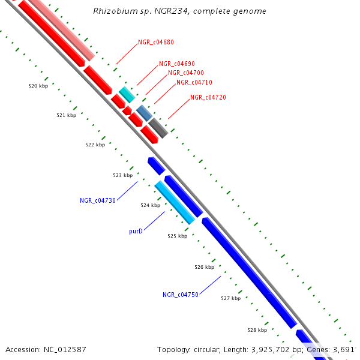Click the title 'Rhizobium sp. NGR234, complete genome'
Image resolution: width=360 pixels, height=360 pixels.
pyautogui.click(x=180, y=11)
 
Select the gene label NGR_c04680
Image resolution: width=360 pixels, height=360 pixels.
pyautogui.click(x=156, y=42)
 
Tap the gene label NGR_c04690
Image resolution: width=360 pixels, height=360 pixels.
pyautogui.click(x=176, y=64)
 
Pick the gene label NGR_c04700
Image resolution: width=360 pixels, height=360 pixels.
pyautogui.click(x=185, y=73)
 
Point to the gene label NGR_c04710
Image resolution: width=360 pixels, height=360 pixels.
pyautogui.click(x=194, y=82)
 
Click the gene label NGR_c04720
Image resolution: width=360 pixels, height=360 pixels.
pyautogui.click(x=208, y=97)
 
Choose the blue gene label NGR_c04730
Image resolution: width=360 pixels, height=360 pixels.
pyautogui.click(x=97, y=200)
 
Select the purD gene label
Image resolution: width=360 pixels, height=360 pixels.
pyautogui.click(x=136, y=230)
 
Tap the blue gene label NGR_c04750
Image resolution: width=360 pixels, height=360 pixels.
pyautogui.click(x=180, y=295)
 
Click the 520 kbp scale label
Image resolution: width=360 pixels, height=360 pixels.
pyautogui.click(x=38, y=86)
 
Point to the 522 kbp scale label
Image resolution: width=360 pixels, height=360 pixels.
pyautogui.click(x=95, y=145)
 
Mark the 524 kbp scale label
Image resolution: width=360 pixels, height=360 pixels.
pyautogui.click(x=151, y=205)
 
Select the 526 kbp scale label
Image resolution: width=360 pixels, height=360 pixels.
pyautogui.click(x=205, y=267)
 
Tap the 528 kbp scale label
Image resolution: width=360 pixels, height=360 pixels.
pyautogui.click(x=257, y=330)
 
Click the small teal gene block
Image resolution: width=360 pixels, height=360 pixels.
pyautogui.click(x=127, y=94)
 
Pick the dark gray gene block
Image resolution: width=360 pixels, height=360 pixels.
pyautogui.click(x=158, y=127)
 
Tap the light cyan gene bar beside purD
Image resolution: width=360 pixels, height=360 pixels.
pyautogui.click(x=175, y=203)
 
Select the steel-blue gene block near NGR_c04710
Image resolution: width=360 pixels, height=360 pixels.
pyautogui.click(x=144, y=112)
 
